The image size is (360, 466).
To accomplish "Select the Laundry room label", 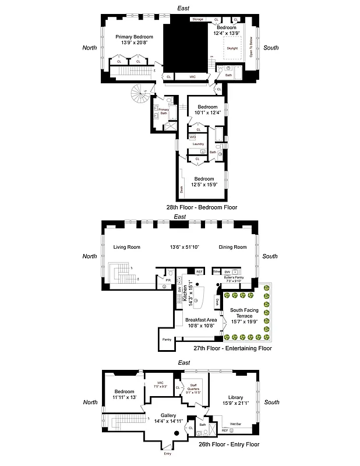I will click(197, 143).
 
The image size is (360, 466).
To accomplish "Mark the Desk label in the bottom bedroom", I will click(182, 189).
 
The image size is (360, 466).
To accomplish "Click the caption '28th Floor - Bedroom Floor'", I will click(202, 207).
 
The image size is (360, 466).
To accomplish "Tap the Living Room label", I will click(126, 247).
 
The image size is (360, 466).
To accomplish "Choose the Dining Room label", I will click(232, 247).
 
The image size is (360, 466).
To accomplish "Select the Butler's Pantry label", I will click(236, 278).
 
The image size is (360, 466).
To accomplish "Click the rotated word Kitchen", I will click(184, 295).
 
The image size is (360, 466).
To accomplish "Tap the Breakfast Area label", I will click(201, 320).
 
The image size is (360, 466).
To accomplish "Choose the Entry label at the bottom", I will click(168, 453).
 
